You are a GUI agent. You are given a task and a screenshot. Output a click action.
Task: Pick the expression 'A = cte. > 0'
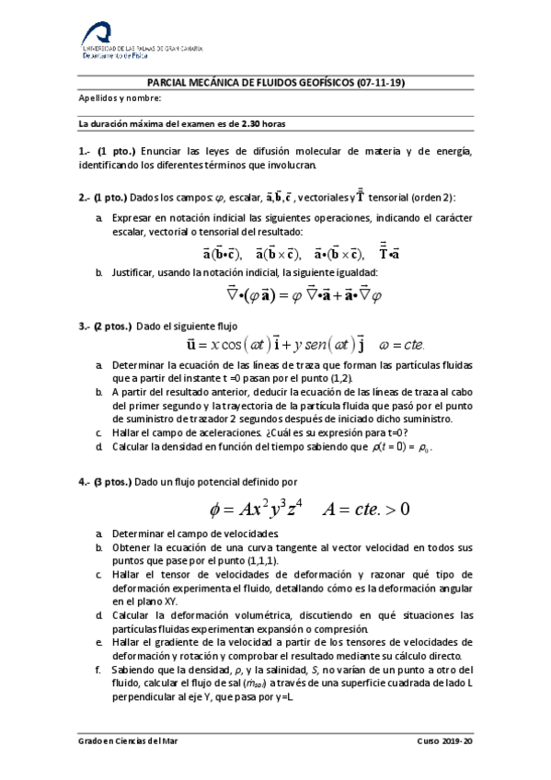pos(365,509)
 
